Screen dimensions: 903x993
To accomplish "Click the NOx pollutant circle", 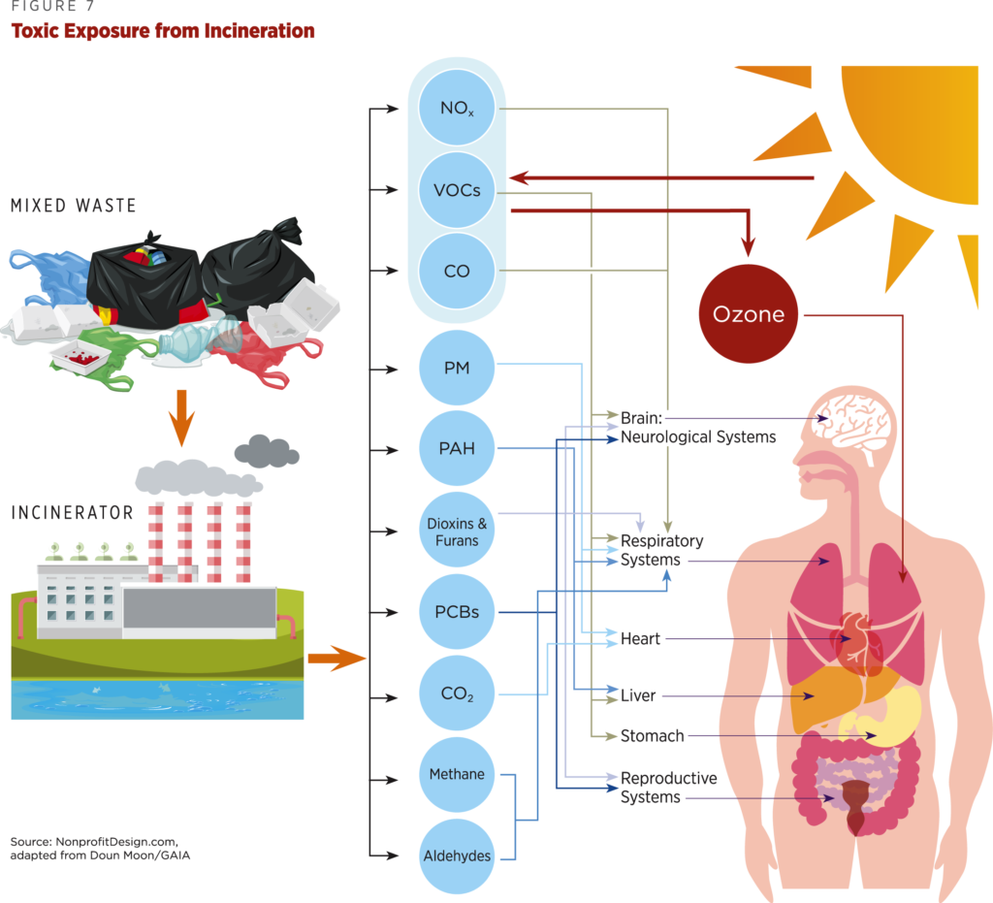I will point(457,110).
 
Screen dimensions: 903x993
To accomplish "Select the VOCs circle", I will point(457,190).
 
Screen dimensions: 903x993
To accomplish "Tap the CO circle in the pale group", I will point(457,271).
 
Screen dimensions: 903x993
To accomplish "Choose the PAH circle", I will point(457,448).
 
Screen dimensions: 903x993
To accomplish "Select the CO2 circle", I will point(457,694).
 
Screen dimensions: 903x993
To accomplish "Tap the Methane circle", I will point(457,775).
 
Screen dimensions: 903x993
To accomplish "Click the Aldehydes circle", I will point(457,855).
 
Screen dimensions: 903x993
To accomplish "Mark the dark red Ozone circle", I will point(749,314).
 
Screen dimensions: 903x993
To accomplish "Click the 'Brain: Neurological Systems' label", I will point(698,427).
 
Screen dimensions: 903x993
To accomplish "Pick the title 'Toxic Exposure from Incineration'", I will point(162,31).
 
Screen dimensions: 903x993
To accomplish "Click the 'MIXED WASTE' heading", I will point(73,206).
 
